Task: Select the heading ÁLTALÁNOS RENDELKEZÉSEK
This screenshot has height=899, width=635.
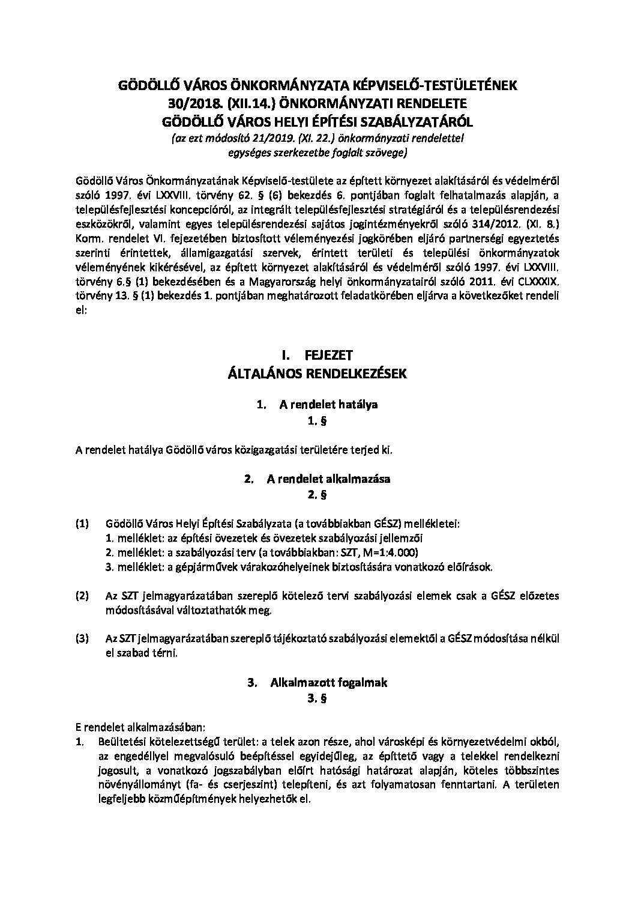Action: (317, 374)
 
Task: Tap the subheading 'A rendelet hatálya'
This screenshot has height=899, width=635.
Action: (328, 404)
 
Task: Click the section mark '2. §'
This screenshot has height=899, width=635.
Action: (317, 495)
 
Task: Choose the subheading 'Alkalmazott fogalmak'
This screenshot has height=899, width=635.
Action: (329, 682)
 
